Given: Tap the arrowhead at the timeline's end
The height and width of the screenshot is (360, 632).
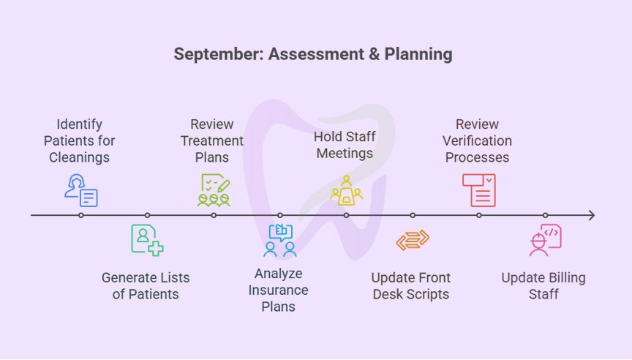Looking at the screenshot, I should point(591,215).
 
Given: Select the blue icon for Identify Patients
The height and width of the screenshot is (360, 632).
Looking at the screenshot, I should point(80,190).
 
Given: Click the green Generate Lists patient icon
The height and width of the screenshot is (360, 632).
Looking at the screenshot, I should point(147,239).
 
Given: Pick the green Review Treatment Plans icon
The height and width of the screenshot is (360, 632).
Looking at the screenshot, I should point(214,190).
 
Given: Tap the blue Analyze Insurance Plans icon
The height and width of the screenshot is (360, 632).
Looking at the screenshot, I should point(280,241).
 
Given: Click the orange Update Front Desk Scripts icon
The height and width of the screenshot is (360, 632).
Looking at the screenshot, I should point(413,240).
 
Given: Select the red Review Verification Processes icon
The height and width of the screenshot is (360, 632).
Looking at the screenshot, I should point(479,190).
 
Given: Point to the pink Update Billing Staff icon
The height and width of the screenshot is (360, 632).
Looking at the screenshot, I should point(545,240).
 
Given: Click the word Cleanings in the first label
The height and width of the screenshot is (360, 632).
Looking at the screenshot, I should point(79,157).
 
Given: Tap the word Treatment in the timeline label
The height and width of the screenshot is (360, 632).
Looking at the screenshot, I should point(212,140).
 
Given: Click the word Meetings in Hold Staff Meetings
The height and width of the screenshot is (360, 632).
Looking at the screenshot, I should point(344,153).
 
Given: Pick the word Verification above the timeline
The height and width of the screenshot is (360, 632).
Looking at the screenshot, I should point(477,140).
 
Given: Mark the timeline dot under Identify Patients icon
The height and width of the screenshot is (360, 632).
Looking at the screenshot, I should point(80,215).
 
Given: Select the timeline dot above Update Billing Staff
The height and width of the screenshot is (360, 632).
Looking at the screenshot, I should point(545,215).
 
